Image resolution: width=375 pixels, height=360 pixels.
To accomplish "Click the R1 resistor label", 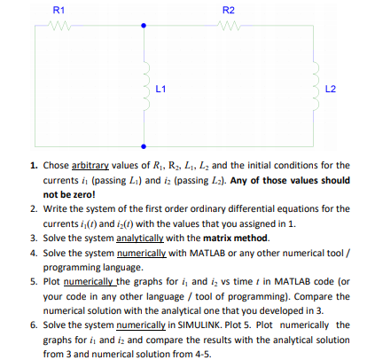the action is click(59, 9).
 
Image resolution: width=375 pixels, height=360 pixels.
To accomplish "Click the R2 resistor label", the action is click(227, 9).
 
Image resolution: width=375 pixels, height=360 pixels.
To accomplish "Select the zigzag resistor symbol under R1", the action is click(59, 26).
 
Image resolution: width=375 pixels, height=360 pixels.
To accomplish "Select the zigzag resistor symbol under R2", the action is click(228, 26).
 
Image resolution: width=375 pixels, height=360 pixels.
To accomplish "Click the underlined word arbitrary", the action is click(85, 165).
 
